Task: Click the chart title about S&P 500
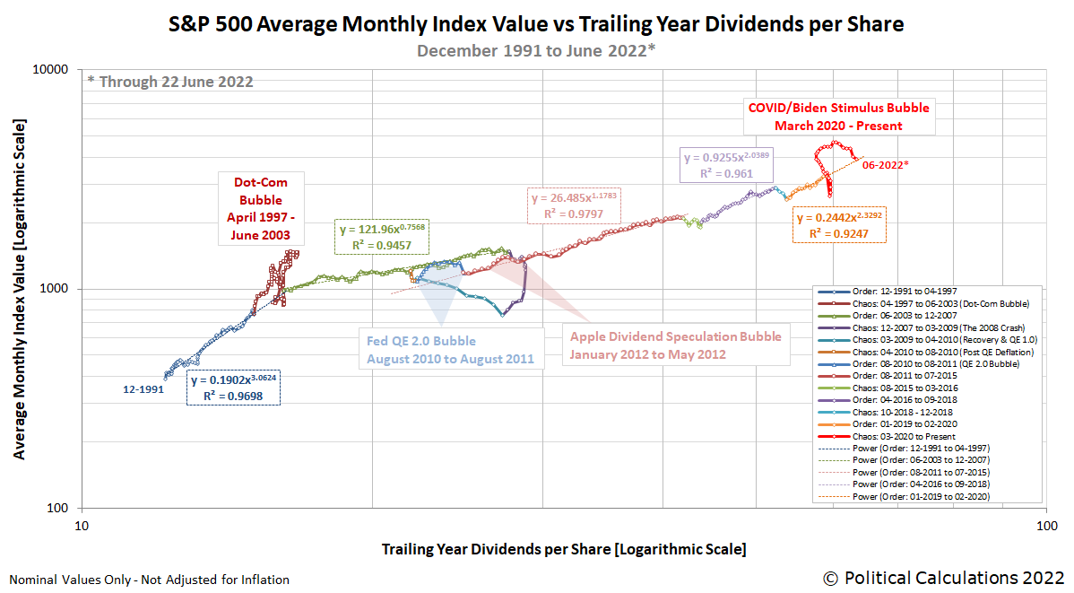(x=536, y=24)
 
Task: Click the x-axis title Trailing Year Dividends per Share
(x=563, y=548)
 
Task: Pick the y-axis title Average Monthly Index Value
(x=19, y=289)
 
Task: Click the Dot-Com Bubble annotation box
(x=261, y=208)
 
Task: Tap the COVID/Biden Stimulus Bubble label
(x=838, y=117)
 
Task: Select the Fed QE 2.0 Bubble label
(x=449, y=350)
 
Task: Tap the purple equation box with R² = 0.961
(x=727, y=165)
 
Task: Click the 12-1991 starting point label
(x=143, y=390)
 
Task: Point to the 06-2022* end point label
(x=886, y=165)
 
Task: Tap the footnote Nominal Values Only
(x=149, y=580)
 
